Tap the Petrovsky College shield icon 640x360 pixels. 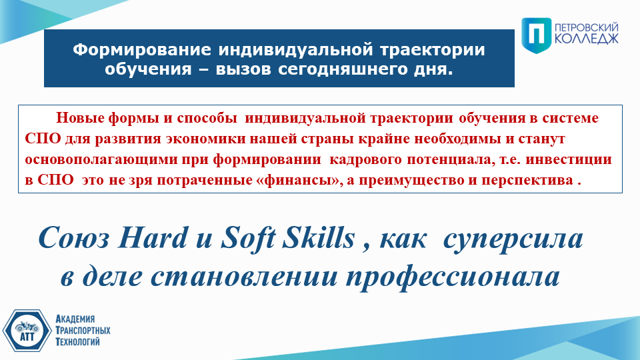click(536, 35)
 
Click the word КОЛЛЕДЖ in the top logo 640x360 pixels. click(586, 39)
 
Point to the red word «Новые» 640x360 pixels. click(80, 118)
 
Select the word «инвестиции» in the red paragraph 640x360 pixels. click(569, 159)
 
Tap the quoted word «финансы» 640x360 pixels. click(297, 180)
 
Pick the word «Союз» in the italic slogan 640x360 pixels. click(74, 238)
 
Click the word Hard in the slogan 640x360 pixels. click(153, 237)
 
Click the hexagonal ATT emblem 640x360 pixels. click(27, 331)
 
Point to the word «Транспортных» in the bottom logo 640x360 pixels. click(83, 330)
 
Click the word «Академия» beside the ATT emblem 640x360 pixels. click(75, 319)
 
